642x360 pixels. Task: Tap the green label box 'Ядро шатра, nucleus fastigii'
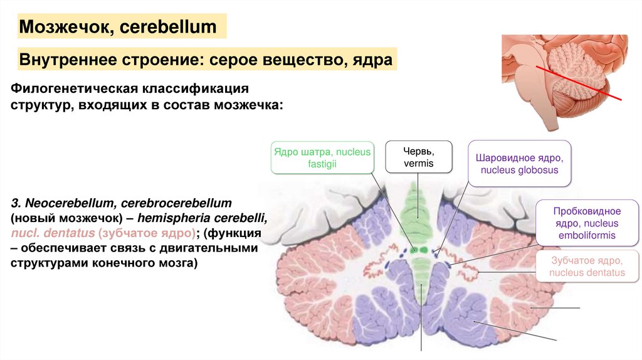[322, 157]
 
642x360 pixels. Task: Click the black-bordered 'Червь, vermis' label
[418, 157]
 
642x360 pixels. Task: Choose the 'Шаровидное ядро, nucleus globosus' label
[520, 164]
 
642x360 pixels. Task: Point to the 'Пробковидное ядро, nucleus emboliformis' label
[587, 223]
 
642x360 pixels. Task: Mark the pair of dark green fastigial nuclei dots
[419, 250]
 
